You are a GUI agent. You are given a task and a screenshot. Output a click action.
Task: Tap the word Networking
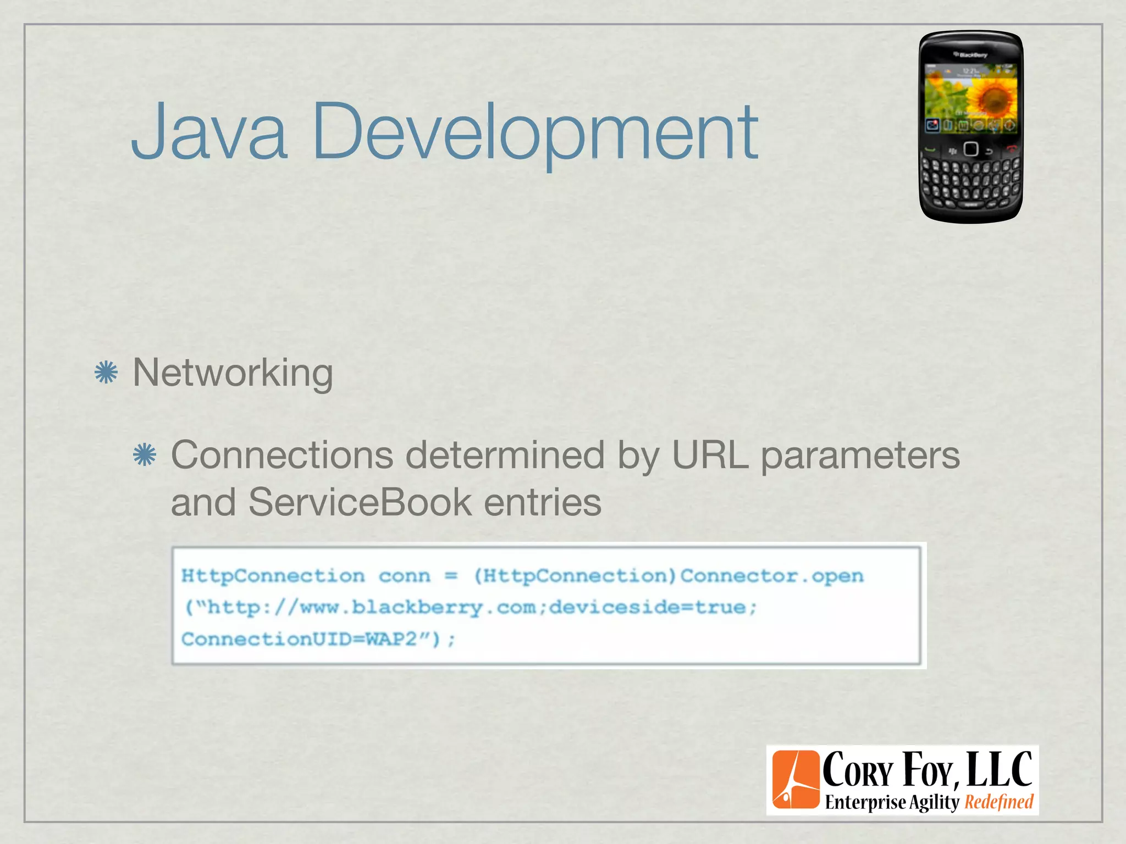pos(233,373)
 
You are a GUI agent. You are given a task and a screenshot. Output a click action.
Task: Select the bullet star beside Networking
pos(106,373)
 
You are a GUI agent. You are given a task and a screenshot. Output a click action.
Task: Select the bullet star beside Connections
pos(145,455)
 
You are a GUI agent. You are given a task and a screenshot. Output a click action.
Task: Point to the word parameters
pos(860,455)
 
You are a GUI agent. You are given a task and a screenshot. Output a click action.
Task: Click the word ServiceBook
pos(360,502)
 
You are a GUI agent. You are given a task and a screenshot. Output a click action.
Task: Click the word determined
pos(505,455)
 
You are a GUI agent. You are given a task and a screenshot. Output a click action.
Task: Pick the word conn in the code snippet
pos(404,576)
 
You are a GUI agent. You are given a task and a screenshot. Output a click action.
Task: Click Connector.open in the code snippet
pos(772,576)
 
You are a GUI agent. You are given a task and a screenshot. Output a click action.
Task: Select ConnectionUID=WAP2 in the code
pos(299,639)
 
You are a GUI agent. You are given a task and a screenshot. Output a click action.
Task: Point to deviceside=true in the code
pos(648,607)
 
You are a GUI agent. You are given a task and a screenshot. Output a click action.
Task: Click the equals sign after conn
pos(451,576)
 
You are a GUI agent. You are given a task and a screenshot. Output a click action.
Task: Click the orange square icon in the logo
pos(796,780)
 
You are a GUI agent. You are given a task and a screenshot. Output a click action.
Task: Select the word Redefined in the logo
pos(999,802)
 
